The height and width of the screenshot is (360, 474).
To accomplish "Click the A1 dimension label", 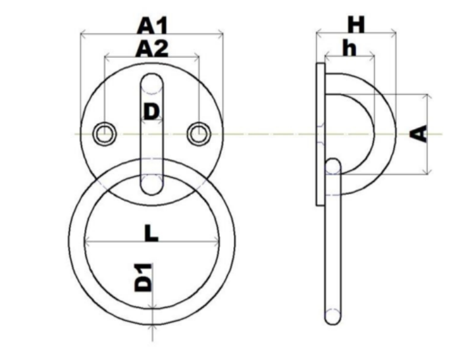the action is (x=152, y=26).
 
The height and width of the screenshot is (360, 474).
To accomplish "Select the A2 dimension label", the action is (x=152, y=49).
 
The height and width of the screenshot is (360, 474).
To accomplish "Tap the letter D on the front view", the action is (x=151, y=111).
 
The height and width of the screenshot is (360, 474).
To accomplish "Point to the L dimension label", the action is (x=151, y=233).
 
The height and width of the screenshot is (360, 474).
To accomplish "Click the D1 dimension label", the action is (x=143, y=278).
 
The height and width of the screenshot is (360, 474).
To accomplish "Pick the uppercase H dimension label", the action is (x=356, y=25).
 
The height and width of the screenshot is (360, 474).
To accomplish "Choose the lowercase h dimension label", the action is (x=350, y=48).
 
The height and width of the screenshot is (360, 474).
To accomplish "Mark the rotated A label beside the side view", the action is (x=419, y=134).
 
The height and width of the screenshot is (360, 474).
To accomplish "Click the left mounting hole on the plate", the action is (x=105, y=134).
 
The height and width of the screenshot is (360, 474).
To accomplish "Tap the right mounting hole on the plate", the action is (x=199, y=134).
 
